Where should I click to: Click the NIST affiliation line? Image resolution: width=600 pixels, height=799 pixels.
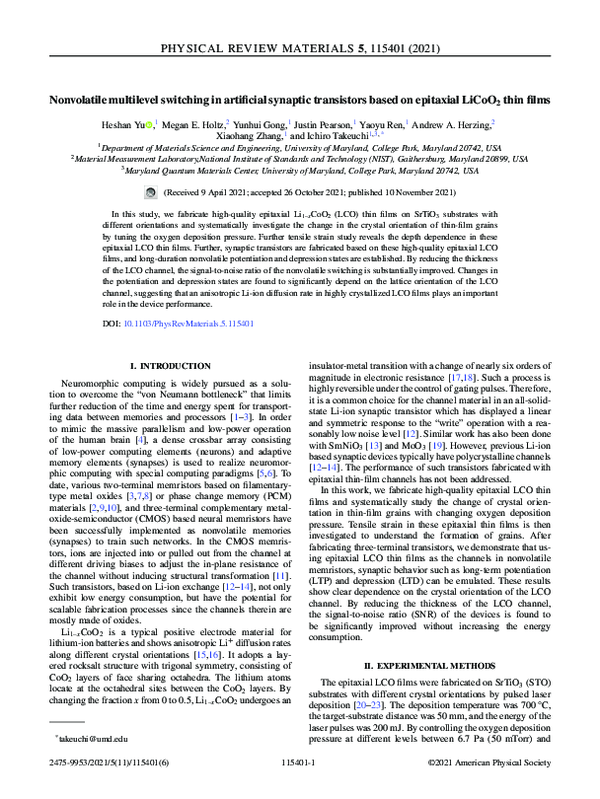click(300, 157)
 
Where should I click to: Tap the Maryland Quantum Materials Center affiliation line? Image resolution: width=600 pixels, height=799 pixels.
click(300, 170)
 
